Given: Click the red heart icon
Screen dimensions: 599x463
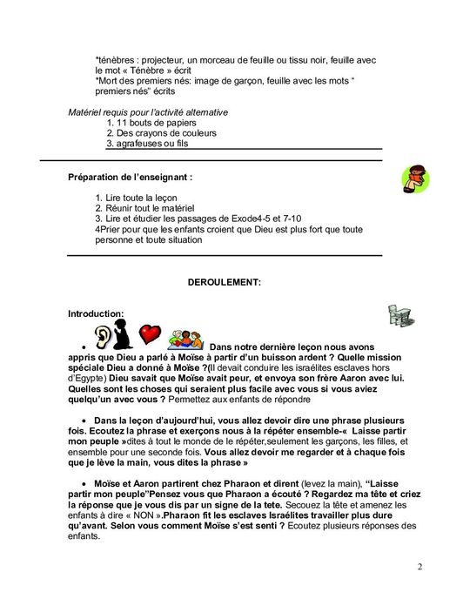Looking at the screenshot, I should click(151, 334).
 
